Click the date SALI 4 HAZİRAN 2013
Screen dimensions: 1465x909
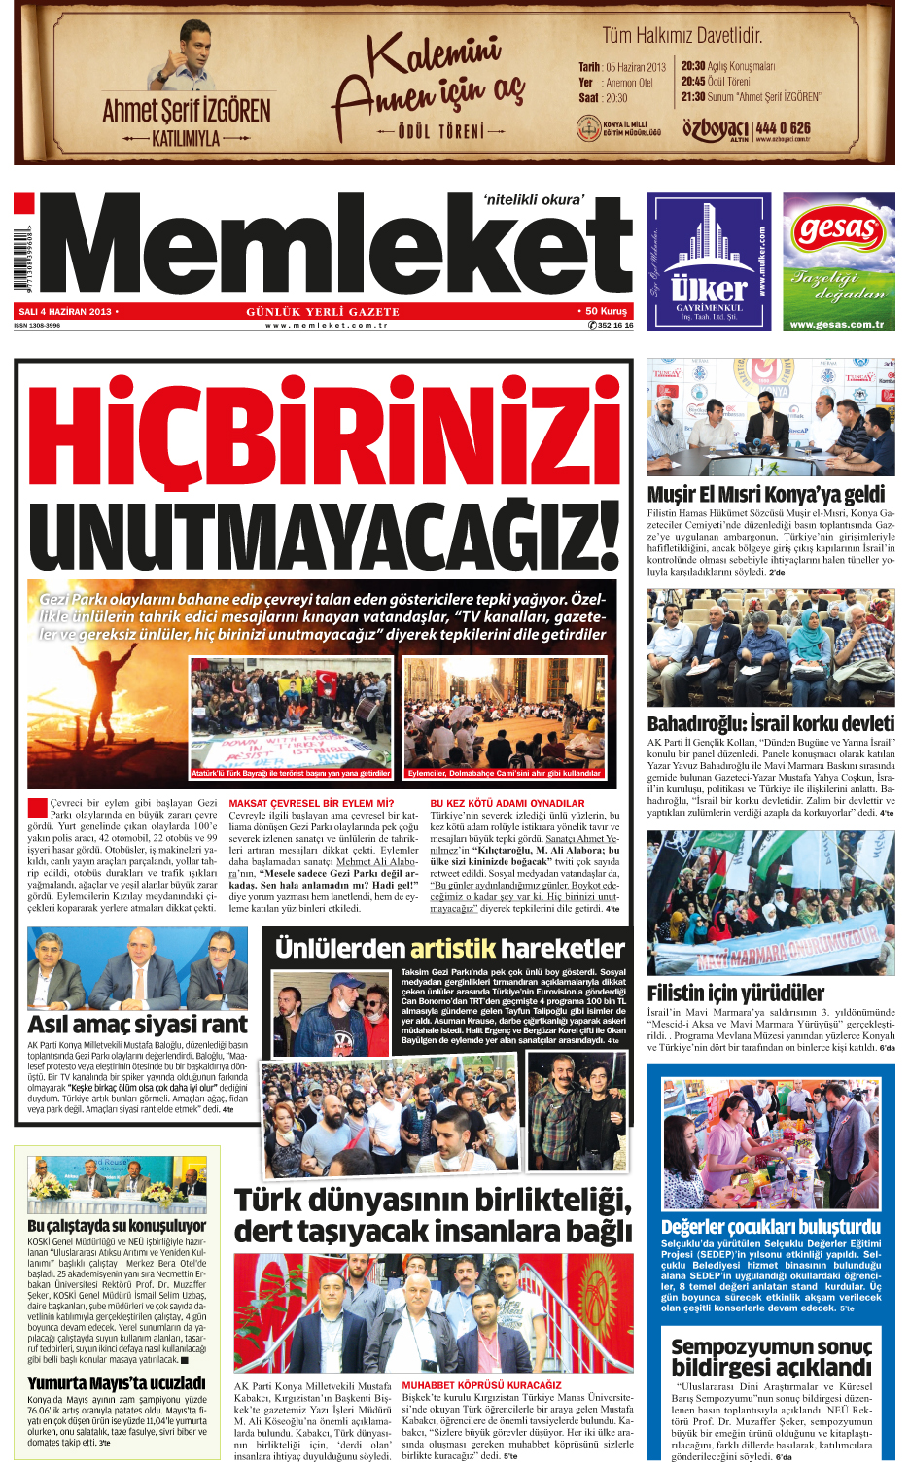tap(65, 312)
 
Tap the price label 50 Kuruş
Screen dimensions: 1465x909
tap(606, 312)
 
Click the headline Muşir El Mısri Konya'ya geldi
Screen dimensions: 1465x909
tap(766, 494)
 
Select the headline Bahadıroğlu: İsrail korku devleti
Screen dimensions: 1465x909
tap(770, 723)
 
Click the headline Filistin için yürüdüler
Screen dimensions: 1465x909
tap(735, 993)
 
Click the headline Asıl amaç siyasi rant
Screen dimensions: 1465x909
tap(137, 1025)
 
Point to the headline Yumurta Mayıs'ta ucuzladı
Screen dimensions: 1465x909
tap(117, 1382)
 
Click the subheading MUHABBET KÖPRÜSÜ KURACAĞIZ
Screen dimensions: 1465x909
tap(481, 1385)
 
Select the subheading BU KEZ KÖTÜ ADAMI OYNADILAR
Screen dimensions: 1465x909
tap(507, 804)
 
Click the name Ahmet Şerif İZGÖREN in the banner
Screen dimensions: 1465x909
tap(187, 111)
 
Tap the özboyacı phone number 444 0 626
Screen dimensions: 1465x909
tap(783, 127)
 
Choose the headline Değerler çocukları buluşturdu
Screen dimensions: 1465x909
tap(770, 1226)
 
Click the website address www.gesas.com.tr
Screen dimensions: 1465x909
tap(837, 324)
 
